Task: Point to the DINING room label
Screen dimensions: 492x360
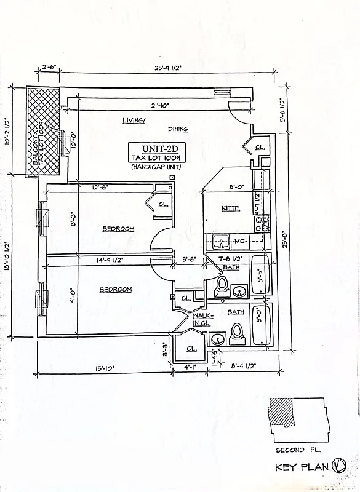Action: coord(177,129)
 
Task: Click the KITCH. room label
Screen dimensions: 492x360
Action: coord(230,209)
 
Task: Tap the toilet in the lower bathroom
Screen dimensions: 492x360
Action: coord(237,335)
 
